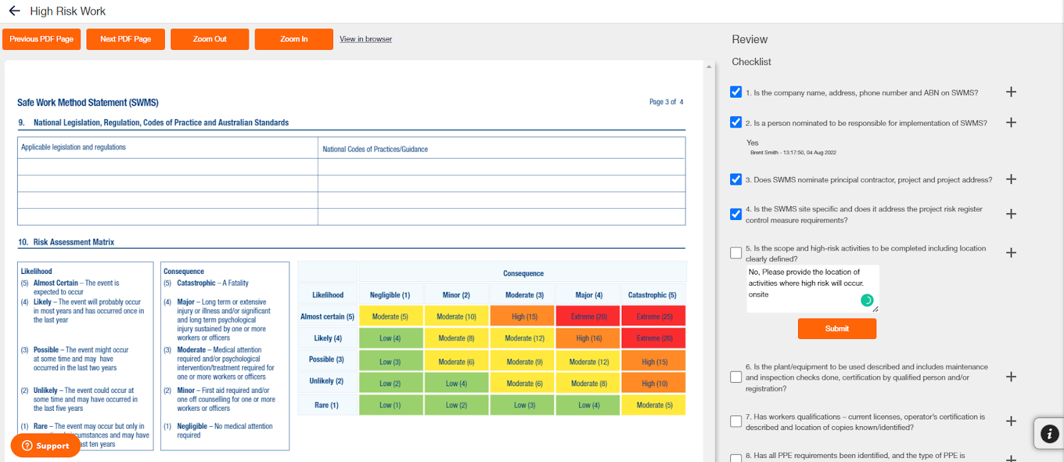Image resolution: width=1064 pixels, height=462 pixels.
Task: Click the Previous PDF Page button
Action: click(41, 39)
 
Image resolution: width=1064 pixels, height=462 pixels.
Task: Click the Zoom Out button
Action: click(209, 39)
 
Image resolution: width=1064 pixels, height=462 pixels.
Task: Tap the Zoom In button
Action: click(293, 39)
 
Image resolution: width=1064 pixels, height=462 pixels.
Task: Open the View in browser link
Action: click(366, 39)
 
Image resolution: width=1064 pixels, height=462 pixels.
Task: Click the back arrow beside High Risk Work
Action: click(14, 11)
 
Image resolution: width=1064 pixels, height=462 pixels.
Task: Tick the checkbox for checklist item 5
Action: click(735, 253)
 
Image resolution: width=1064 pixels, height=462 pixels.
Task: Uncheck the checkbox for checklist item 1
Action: click(735, 92)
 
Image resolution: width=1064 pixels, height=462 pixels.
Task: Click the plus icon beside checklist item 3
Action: click(1011, 179)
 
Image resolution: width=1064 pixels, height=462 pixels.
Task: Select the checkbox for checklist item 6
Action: click(735, 377)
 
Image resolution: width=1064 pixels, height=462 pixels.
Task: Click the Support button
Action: click(45, 445)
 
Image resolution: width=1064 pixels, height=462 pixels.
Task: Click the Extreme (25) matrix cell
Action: click(654, 316)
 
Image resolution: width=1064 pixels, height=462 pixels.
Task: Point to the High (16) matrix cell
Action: click(589, 338)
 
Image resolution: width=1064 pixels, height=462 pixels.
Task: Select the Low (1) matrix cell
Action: click(390, 405)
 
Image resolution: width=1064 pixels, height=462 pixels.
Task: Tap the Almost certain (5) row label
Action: click(327, 316)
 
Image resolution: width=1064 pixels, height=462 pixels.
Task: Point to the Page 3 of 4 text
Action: click(666, 102)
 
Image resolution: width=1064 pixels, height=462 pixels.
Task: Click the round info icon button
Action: click(1049, 434)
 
